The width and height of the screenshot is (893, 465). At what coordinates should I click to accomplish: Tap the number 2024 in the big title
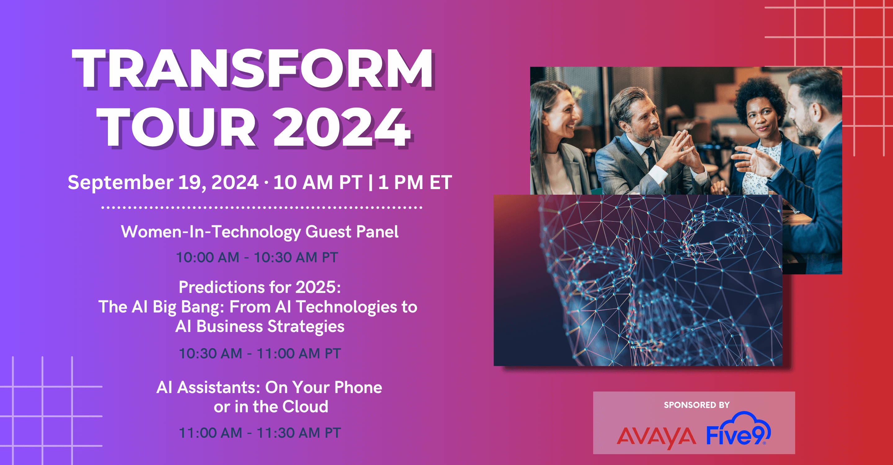pyautogui.click(x=342, y=127)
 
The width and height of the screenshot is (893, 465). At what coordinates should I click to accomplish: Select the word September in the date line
pyautogui.click(x=120, y=183)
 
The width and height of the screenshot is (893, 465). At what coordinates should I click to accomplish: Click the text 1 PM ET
pyautogui.click(x=415, y=182)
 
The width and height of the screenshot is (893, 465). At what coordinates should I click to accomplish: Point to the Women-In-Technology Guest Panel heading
pyautogui.click(x=260, y=232)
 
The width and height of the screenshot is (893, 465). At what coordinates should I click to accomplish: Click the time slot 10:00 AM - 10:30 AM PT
pyautogui.click(x=257, y=257)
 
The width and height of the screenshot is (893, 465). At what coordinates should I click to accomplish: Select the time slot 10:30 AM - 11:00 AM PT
pyautogui.click(x=260, y=353)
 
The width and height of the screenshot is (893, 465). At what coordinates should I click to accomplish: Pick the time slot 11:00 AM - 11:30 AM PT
pyautogui.click(x=260, y=433)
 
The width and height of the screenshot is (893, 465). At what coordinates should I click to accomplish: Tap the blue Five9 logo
pyautogui.click(x=739, y=429)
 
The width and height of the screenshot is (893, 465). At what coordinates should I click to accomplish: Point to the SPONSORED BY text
pyautogui.click(x=696, y=405)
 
